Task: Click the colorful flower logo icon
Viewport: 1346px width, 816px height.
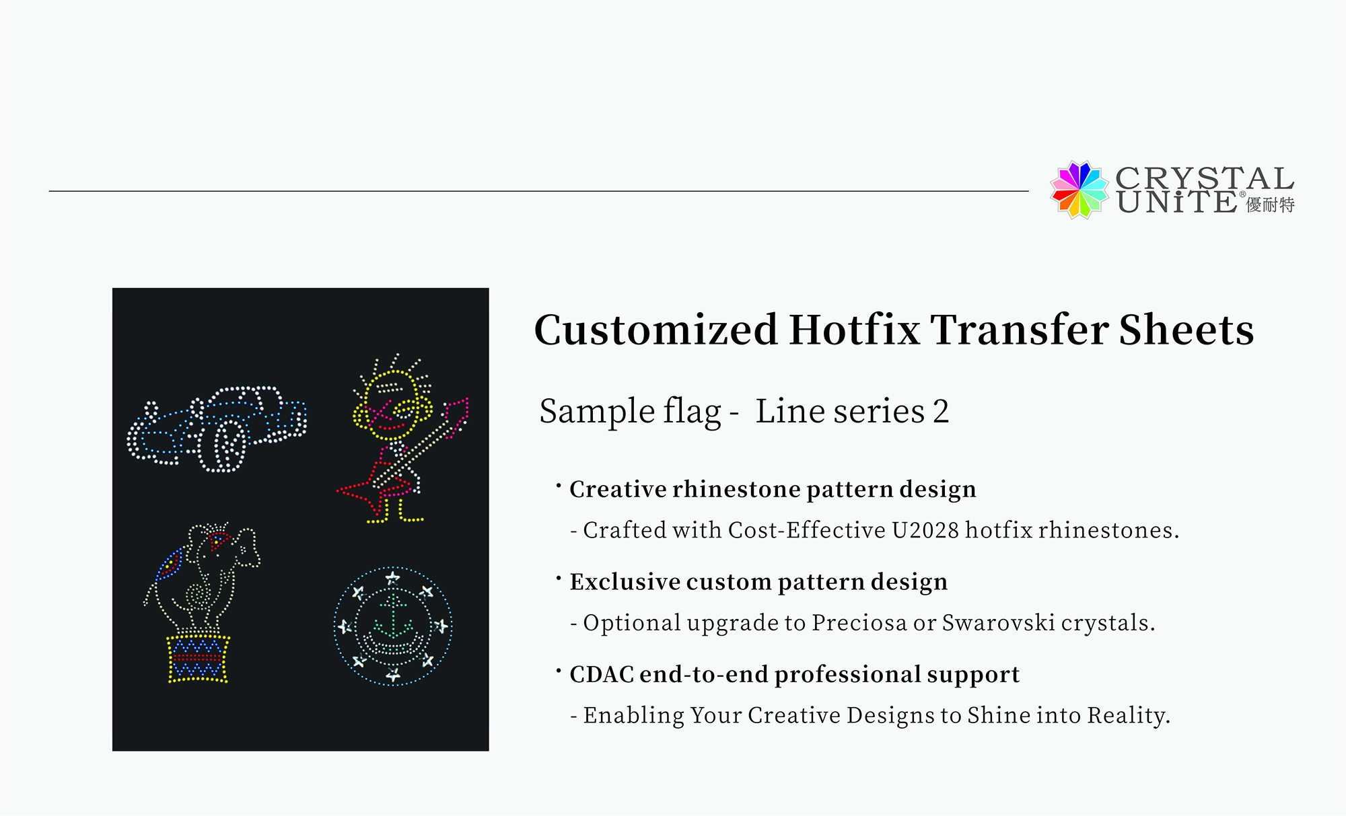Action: (1079, 190)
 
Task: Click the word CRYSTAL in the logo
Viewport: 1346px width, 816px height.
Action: (1205, 179)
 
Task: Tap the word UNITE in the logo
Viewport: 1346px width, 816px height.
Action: (1176, 202)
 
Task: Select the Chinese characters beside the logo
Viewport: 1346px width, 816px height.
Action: (1271, 205)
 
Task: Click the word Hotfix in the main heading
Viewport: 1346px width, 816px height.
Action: (854, 330)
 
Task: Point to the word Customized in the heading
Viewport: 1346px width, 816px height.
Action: (656, 330)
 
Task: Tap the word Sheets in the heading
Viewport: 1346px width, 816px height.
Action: (1186, 330)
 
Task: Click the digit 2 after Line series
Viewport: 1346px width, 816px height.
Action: (941, 412)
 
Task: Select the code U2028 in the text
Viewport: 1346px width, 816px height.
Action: (925, 530)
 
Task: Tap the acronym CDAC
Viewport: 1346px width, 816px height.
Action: (602, 675)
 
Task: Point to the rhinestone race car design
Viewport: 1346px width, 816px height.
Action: (217, 429)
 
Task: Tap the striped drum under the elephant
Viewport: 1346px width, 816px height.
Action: (198, 659)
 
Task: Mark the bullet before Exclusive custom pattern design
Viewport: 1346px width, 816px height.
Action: (559, 577)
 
